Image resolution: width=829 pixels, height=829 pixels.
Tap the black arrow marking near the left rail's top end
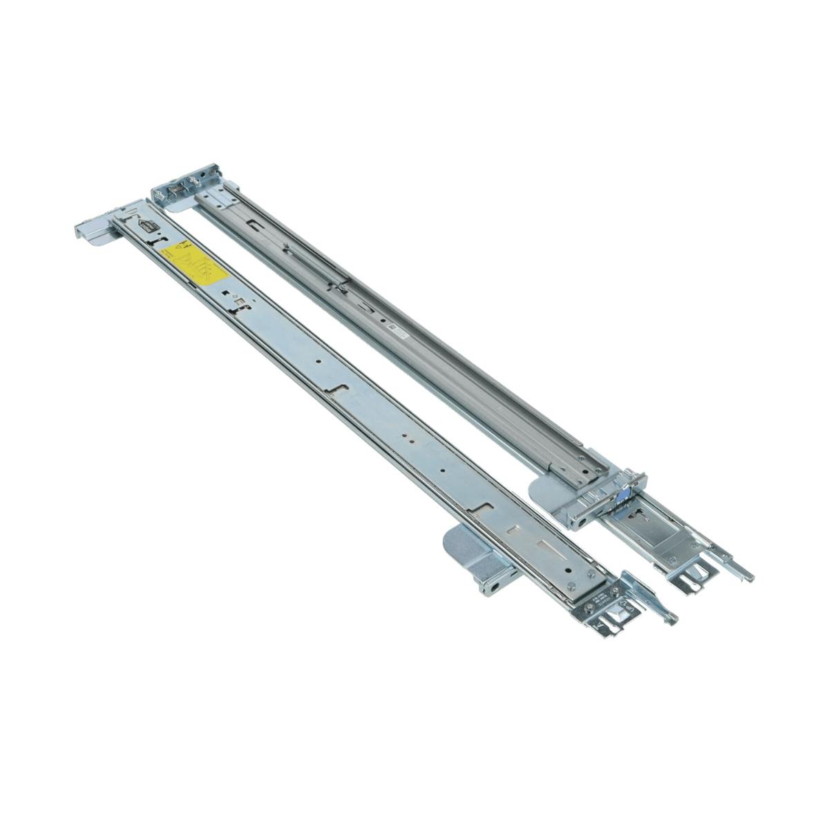tap(147, 224)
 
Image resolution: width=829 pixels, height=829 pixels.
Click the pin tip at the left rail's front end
tap(672, 620)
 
